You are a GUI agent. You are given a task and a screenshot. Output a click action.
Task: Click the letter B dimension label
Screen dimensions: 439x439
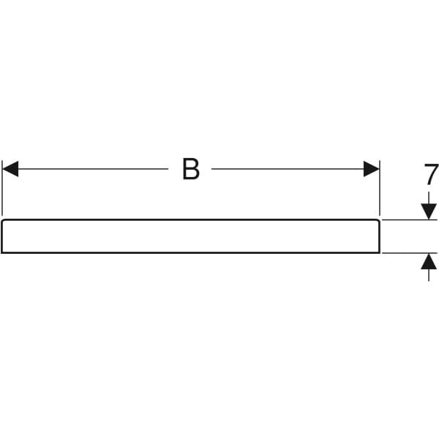(x=190, y=169)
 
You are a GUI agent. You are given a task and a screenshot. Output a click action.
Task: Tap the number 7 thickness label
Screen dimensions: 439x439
(x=431, y=175)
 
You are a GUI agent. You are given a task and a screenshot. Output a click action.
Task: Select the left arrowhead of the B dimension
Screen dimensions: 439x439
(x=10, y=169)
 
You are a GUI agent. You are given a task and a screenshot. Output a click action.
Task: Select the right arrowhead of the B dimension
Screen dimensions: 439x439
(x=372, y=169)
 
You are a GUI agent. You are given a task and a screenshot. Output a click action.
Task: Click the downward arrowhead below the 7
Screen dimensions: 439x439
(x=429, y=211)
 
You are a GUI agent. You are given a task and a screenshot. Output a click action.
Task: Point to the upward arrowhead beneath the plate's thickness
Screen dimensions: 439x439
(x=429, y=260)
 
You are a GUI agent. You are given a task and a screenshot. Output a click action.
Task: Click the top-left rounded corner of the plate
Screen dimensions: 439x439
(x=3, y=220)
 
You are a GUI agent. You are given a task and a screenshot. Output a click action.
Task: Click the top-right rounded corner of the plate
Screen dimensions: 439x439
(x=378, y=220)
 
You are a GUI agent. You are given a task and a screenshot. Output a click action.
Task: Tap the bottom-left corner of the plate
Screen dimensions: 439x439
(x=2, y=252)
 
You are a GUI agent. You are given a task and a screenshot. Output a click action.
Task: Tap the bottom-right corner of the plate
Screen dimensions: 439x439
(x=379, y=252)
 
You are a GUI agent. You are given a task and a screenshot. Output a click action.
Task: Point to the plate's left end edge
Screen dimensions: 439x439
(x=2, y=236)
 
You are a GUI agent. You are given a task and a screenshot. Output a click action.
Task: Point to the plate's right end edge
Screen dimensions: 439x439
(x=379, y=236)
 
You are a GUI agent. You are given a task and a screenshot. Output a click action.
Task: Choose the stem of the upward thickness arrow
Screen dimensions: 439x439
(x=429, y=275)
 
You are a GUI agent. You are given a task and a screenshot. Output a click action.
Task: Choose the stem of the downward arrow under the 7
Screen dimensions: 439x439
(x=429, y=198)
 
